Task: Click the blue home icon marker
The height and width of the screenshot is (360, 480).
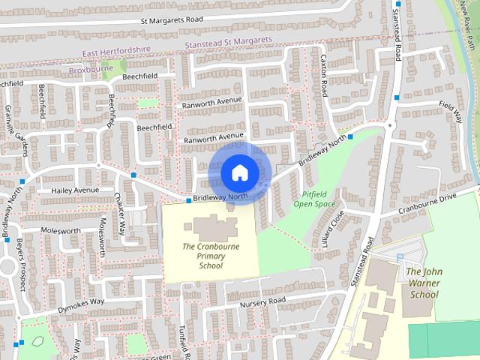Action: [238, 172]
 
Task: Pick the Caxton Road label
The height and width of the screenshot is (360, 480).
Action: [324, 75]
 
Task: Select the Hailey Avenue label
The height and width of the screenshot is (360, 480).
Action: [75, 190]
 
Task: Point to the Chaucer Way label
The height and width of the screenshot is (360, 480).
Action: [120, 215]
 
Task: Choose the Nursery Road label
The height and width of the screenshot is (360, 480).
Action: [262, 301]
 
